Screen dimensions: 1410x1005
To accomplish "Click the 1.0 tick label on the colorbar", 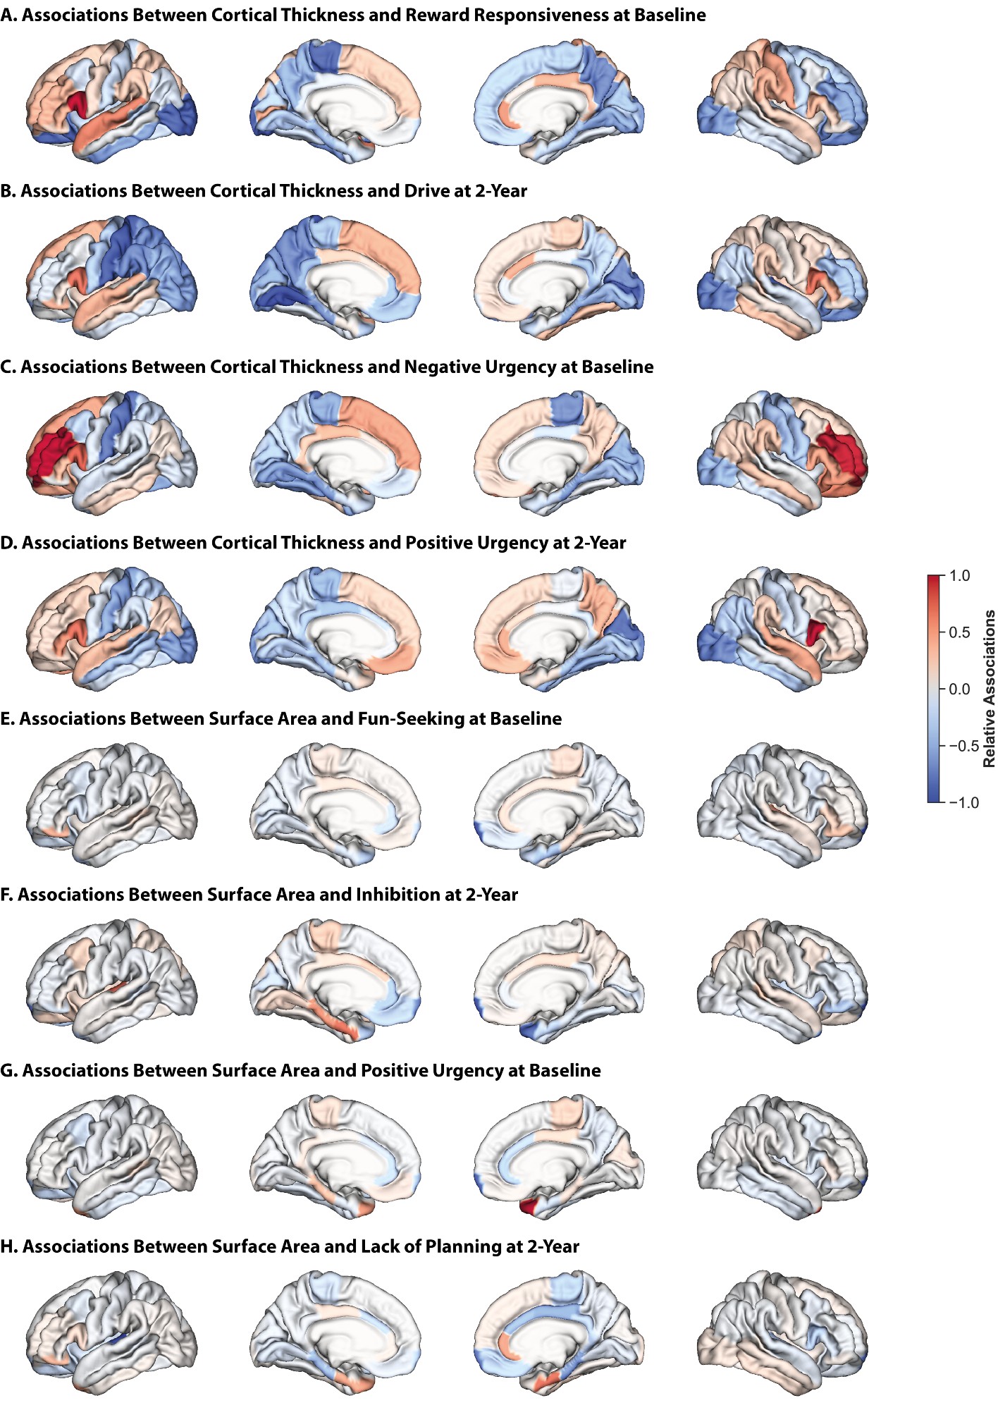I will click(x=959, y=576).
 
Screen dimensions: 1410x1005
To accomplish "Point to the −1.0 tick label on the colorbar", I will click(x=963, y=802).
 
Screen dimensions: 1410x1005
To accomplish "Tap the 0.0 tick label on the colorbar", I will click(x=959, y=689).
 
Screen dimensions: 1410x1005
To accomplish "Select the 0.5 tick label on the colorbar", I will click(x=959, y=632).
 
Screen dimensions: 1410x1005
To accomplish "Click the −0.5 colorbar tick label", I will click(x=963, y=746).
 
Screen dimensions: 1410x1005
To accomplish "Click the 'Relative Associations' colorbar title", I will click(x=989, y=689).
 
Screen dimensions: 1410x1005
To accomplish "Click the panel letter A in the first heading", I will click(x=8, y=16).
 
